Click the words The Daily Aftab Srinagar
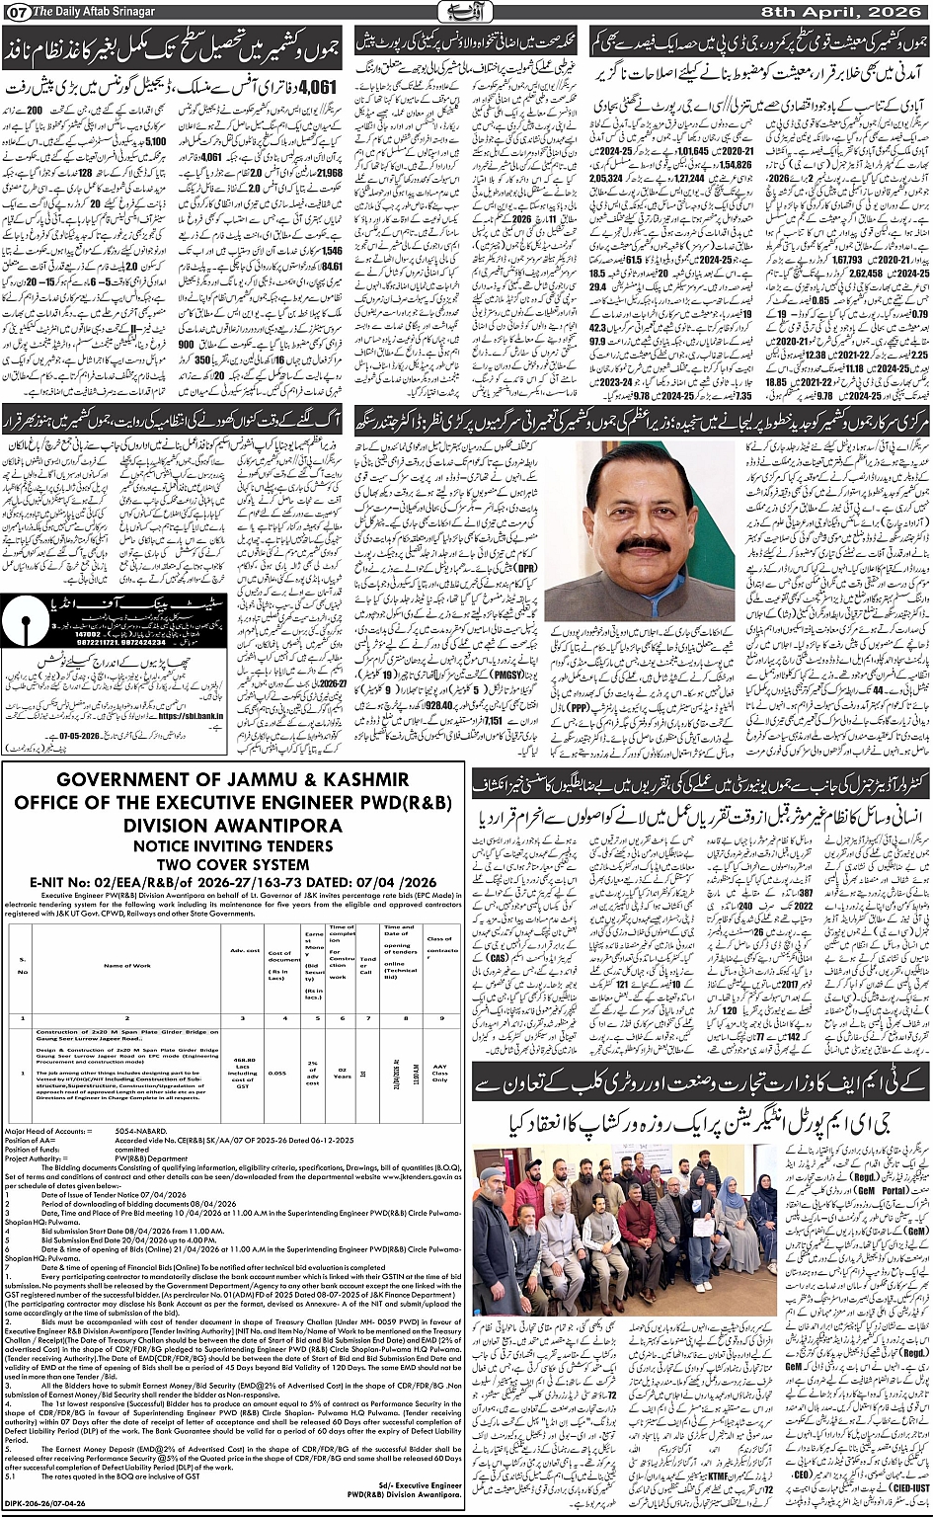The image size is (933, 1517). [84, 11]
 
